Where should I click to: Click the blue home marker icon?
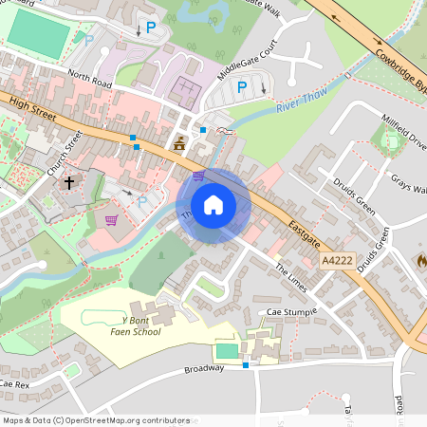click(213, 205)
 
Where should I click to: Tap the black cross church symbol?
click(68, 182)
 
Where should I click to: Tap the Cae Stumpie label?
click(291, 311)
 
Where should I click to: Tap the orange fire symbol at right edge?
click(421, 258)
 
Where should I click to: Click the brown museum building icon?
click(179, 144)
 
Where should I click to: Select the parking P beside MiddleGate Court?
click(242, 87)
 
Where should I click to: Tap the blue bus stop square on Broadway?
click(246, 364)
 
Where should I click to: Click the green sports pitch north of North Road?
click(39, 35)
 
